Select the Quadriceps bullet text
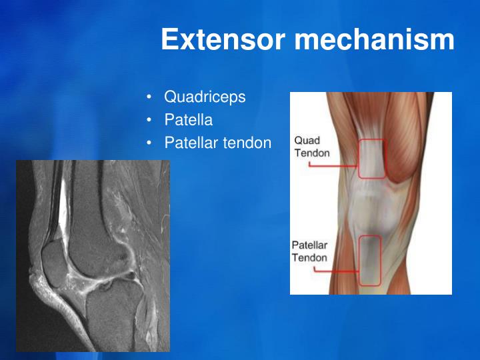(x=205, y=97)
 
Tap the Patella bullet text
(x=188, y=121)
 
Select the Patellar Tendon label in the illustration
(x=310, y=251)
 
